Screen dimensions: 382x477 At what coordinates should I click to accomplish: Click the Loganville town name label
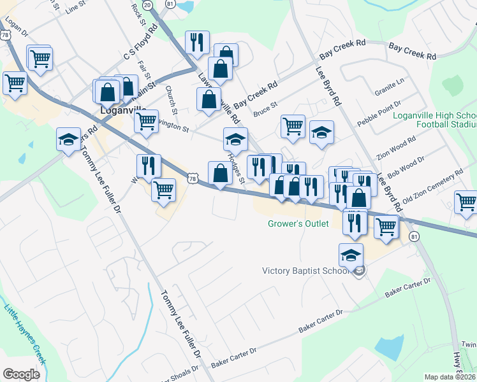(x=125, y=110)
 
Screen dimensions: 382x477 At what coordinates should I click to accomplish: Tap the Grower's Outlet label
(x=298, y=223)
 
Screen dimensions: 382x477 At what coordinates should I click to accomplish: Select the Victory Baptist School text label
(x=306, y=271)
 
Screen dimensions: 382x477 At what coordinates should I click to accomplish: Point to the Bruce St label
(x=265, y=109)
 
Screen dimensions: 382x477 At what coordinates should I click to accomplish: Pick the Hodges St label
(x=236, y=170)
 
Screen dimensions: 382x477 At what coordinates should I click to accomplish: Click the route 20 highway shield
(x=148, y=4)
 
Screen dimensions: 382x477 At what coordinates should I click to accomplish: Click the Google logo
(x=22, y=374)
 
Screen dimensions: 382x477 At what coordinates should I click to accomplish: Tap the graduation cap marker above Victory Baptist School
(x=351, y=256)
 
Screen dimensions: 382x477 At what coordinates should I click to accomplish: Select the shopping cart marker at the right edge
(x=466, y=203)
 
